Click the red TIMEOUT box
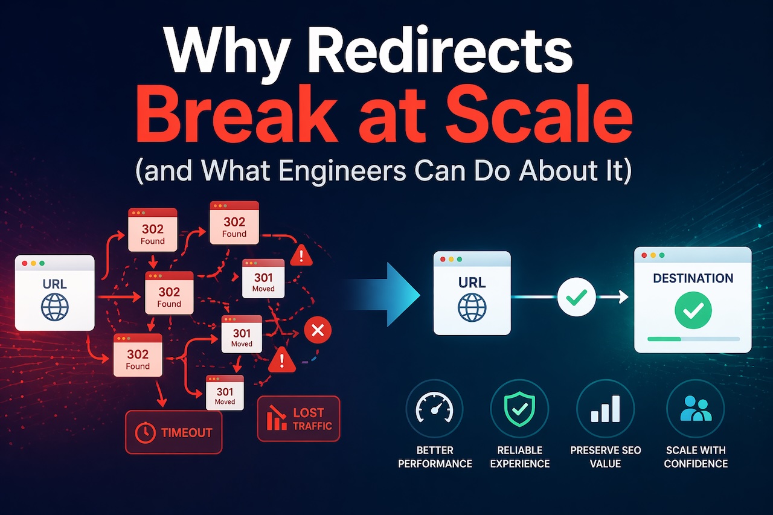point(174,432)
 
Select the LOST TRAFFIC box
point(298,418)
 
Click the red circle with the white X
point(318,330)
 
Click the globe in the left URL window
point(55,307)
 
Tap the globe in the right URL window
point(472,307)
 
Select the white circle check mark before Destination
point(576,296)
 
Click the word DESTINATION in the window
point(693,278)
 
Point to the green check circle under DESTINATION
point(693,311)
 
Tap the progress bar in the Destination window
point(693,339)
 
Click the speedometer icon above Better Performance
point(434,408)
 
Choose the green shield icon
point(519,408)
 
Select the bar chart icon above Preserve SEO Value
point(605,408)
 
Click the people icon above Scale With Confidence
point(695,408)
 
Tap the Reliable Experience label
point(519,457)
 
